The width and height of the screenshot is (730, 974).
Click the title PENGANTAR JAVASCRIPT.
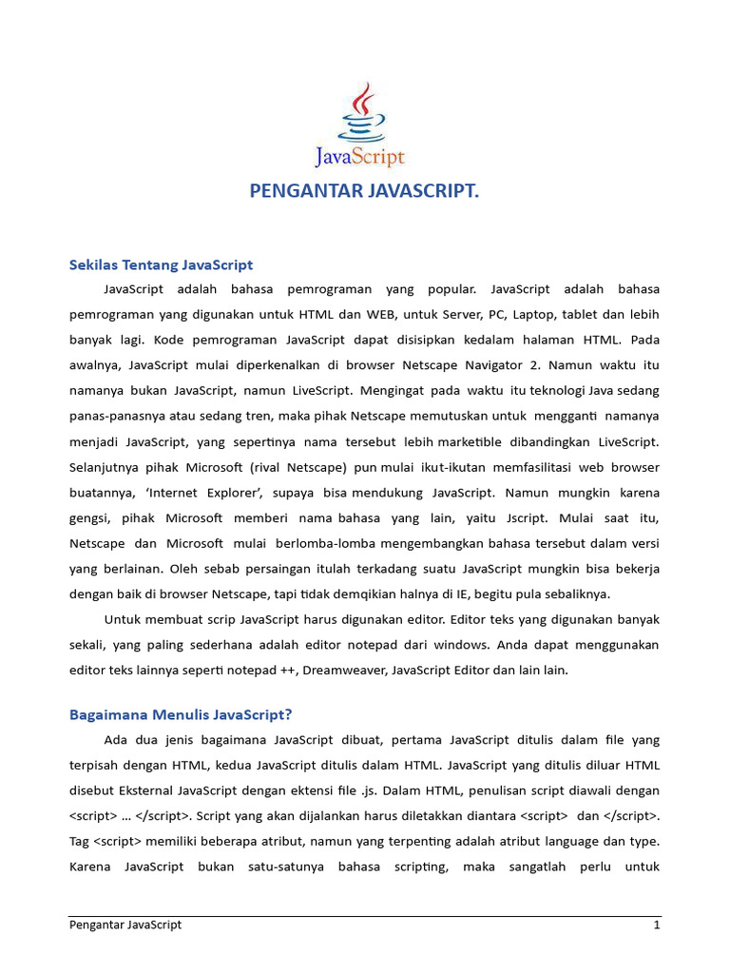[x=364, y=192]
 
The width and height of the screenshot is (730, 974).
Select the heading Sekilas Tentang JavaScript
[x=162, y=264]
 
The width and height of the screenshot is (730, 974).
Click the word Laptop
[x=539, y=314]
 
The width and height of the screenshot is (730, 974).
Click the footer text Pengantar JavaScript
[x=125, y=925]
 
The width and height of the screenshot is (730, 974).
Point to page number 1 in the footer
[x=656, y=925]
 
